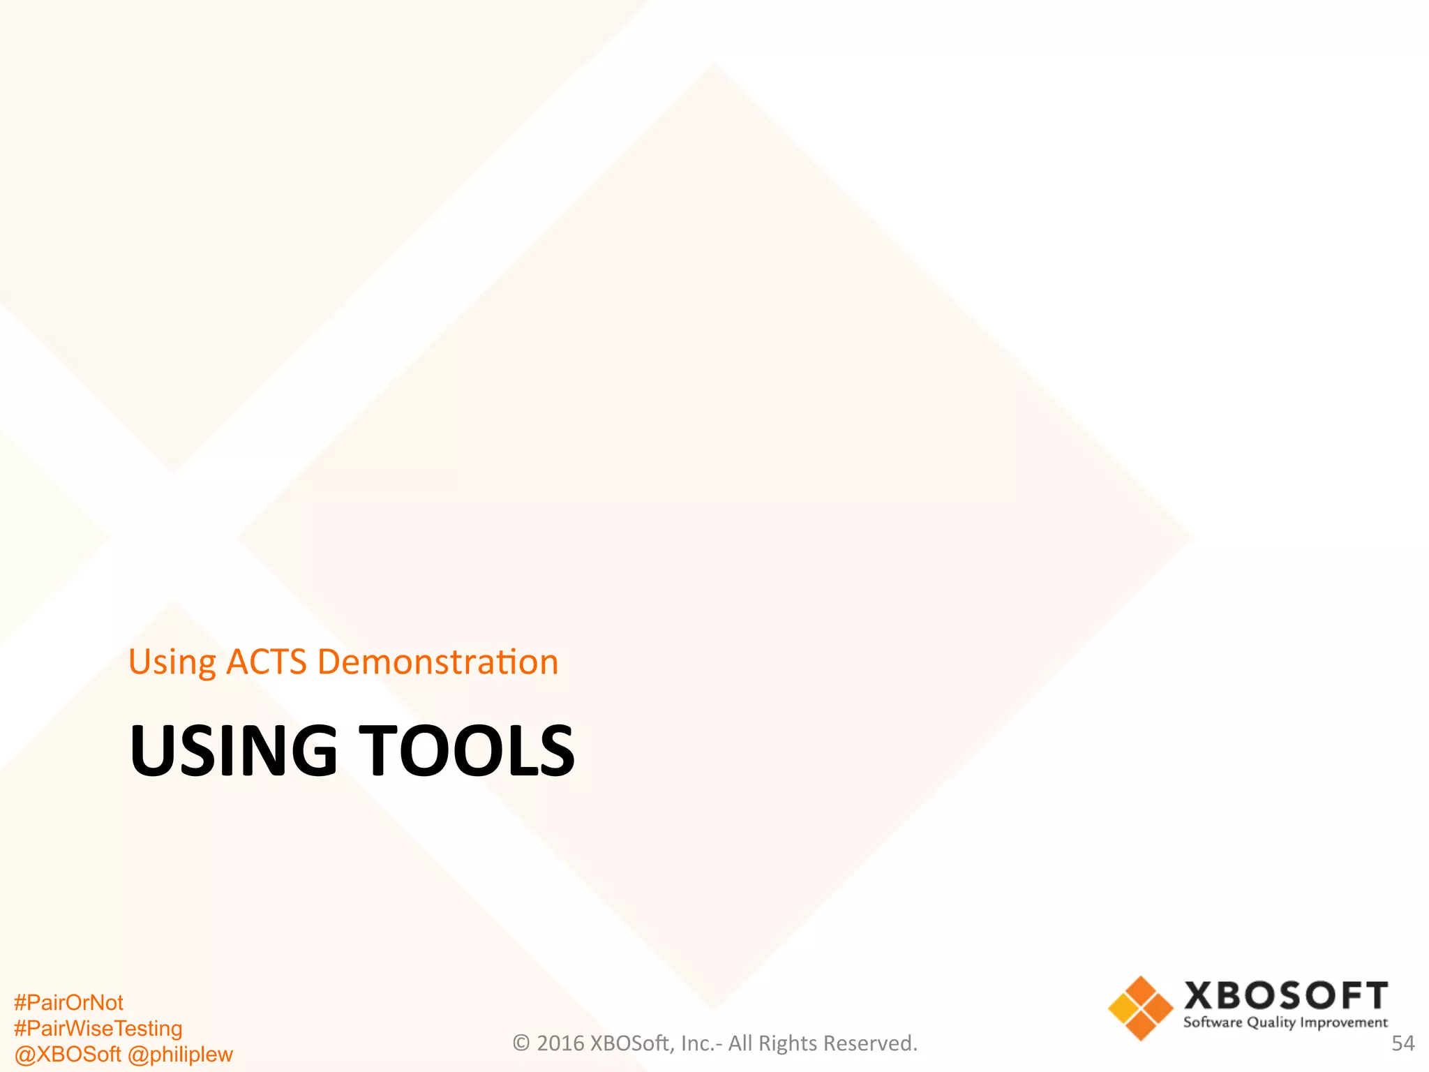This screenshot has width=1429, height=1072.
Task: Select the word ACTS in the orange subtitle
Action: [x=267, y=662]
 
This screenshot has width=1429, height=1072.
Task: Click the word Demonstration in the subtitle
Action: [x=437, y=662]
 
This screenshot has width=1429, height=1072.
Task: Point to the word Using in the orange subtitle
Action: [x=172, y=663]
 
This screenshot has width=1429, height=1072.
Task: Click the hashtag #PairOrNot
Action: [x=68, y=1002]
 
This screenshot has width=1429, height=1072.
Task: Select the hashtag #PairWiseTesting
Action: [x=98, y=1028]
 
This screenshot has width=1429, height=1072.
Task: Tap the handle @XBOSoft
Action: [x=67, y=1054]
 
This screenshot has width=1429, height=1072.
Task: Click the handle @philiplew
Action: [x=180, y=1054]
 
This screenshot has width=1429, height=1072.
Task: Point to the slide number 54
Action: [x=1402, y=1043]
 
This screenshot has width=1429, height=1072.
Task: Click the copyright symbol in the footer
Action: [x=521, y=1043]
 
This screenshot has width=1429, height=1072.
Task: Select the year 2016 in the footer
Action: [x=560, y=1043]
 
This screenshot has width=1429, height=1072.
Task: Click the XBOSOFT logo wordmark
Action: [x=1285, y=996]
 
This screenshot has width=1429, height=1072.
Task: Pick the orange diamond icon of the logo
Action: [x=1141, y=1008]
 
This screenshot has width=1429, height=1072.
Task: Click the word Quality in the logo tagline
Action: [x=1271, y=1023]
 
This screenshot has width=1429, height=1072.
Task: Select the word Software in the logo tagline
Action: [x=1213, y=1023]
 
